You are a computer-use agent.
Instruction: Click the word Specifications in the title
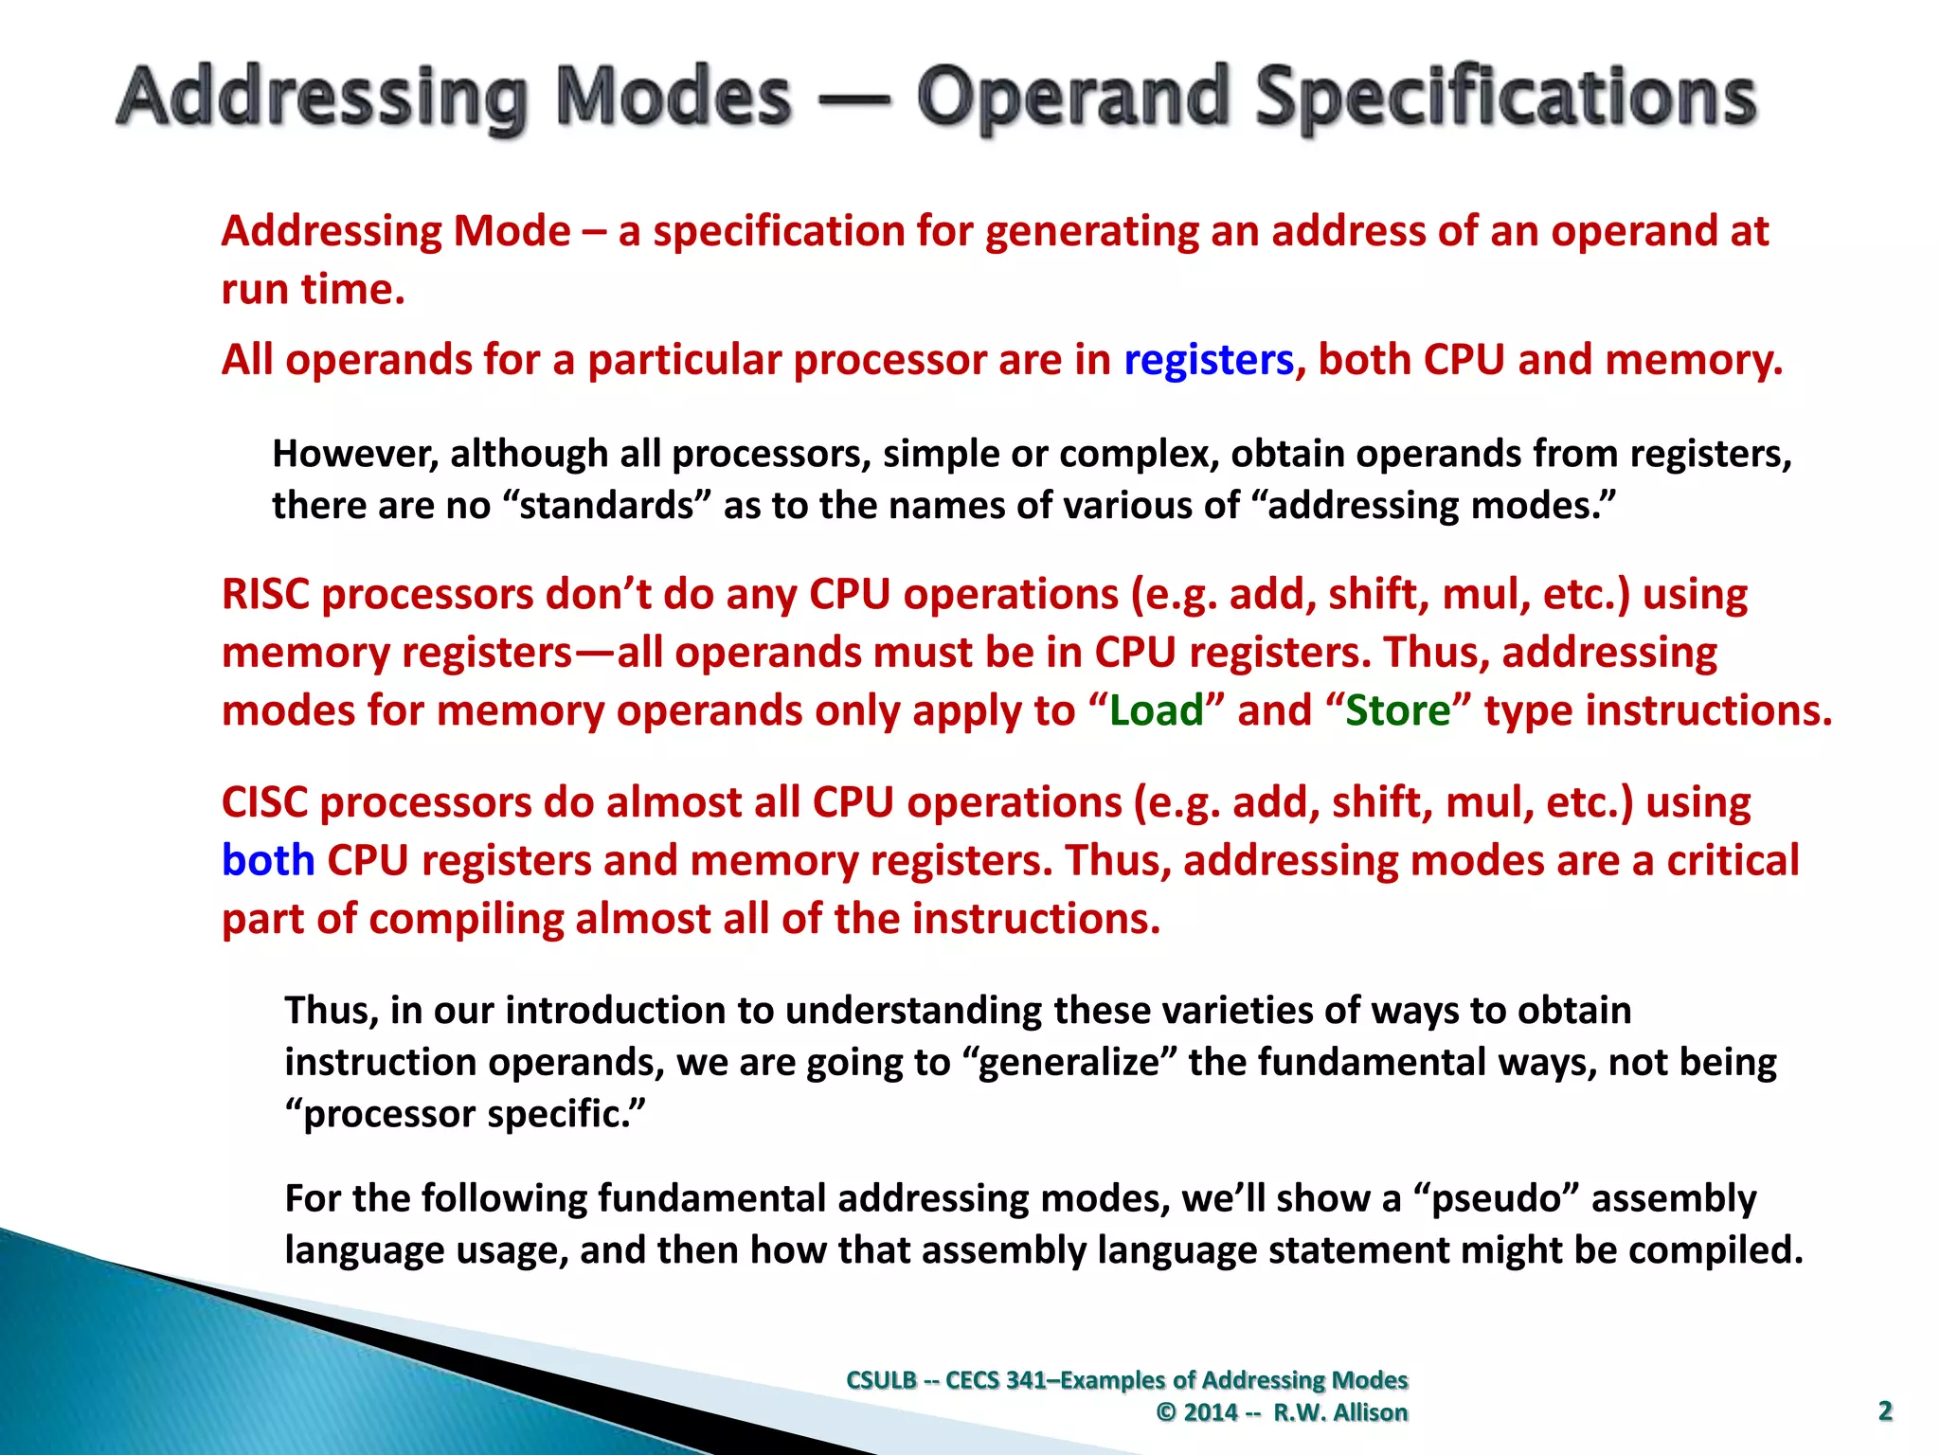[1506, 98]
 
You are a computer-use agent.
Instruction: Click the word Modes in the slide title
[673, 98]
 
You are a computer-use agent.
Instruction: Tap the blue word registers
[1208, 360]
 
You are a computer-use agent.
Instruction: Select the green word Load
[1156, 710]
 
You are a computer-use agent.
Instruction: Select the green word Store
[1398, 710]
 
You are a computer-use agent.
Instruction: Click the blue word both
[268, 861]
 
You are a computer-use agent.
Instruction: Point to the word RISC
[264, 595]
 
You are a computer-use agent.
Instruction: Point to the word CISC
[264, 803]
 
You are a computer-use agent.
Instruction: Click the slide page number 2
[1884, 1411]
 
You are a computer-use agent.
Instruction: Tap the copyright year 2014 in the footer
[1211, 1412]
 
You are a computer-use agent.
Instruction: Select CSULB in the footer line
[881, 1380]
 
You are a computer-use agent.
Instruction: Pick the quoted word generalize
[1069, 1063]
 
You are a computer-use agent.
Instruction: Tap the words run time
[313, 290]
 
